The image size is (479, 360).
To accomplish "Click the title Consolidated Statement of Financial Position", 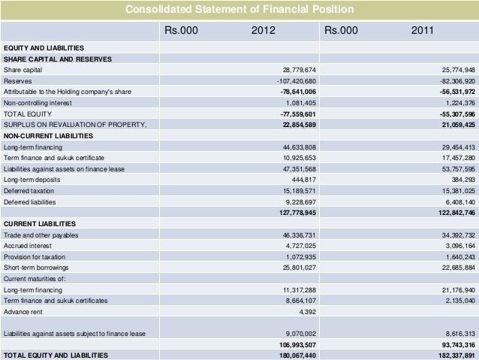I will (239, 10).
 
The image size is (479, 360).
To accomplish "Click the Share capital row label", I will (23, 69).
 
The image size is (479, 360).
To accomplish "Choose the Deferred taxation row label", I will (29, 191).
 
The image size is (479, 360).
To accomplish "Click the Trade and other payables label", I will (42, 235).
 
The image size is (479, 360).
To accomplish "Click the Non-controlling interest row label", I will (37, 102).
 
